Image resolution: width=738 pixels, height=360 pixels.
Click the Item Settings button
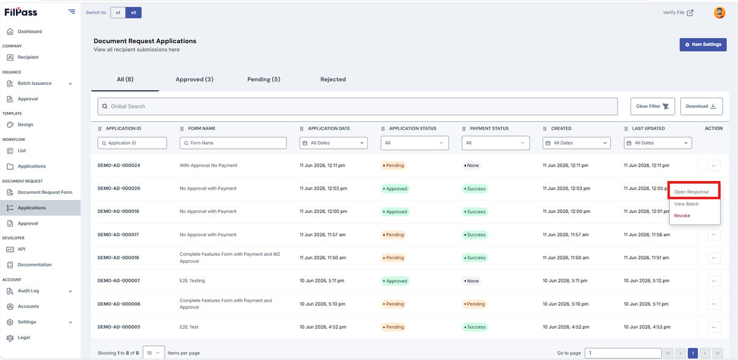click(703, 44)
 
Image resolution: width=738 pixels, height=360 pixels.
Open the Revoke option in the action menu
click(681, 215)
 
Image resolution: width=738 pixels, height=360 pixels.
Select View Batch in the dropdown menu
click(686, 204)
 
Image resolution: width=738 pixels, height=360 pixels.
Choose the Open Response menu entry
click(691, 192)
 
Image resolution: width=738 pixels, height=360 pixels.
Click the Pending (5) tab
click(264, 79)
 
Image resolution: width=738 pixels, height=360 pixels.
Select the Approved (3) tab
click(194, 79)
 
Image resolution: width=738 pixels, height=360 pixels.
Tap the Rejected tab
click(333, 79)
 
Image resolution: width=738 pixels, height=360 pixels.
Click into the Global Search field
click(357, 106)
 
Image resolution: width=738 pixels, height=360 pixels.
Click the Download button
click(702, 106)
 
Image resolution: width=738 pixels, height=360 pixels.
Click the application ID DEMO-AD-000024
click(119, 166)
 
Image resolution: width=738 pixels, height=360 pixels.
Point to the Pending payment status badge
click(474, 304)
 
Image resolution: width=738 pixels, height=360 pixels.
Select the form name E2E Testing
click(192, 281)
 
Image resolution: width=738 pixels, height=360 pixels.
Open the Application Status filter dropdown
click(415, 143)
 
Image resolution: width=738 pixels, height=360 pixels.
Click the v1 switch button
click(118, 12)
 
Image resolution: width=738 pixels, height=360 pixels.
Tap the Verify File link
click(678, 12)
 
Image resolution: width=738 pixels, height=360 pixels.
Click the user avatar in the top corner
click(719, 12)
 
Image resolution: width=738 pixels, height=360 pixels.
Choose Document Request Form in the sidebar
click(45, 192)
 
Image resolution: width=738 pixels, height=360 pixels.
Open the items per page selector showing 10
click(154, 353)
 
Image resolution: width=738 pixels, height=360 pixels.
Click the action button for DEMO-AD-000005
click(713, 327)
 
